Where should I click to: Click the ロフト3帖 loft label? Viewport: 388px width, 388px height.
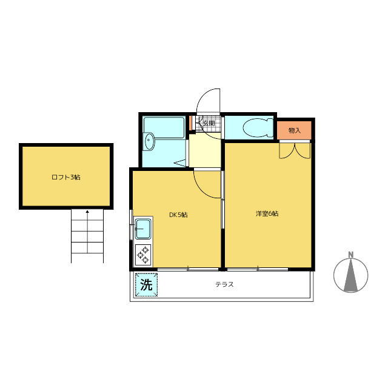[66, 177]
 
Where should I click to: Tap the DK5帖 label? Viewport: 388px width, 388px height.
[178, 215]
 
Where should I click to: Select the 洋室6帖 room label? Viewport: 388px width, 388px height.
[267, 213]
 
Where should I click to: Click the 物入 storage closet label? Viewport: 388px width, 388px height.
[295, 130]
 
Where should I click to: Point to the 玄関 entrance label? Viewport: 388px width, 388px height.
[209, 123]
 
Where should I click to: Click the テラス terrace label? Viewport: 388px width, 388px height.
[224, 284]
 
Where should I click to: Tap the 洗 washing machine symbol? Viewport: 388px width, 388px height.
[146, 284]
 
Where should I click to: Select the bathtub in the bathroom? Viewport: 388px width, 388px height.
[164, 128]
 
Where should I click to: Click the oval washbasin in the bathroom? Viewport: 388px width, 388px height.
[149, 141]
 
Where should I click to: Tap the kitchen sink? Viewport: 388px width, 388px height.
[143, 229]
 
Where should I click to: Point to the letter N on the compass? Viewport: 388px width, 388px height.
[350, 255]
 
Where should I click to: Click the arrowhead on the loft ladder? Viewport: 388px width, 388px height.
[87, 212]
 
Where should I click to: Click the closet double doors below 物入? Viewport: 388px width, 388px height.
[295, 150]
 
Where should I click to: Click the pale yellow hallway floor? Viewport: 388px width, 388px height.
[205, 150]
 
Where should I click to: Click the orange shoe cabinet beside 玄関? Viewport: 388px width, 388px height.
[190, 123]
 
